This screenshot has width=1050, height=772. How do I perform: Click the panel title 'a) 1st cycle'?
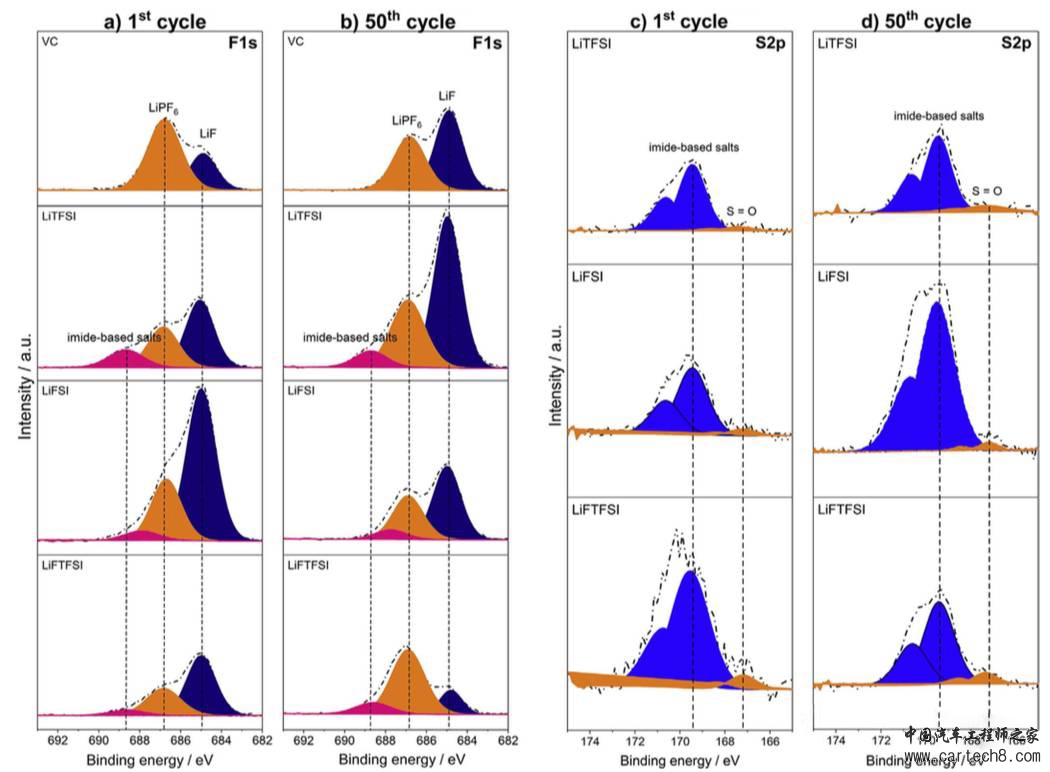coord(150,21)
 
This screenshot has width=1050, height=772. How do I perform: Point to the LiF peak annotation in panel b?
coord(447,94)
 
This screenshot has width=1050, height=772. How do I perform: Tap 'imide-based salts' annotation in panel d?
coord(939,116)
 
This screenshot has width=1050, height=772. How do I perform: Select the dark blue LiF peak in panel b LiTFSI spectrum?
coord(448,290)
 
